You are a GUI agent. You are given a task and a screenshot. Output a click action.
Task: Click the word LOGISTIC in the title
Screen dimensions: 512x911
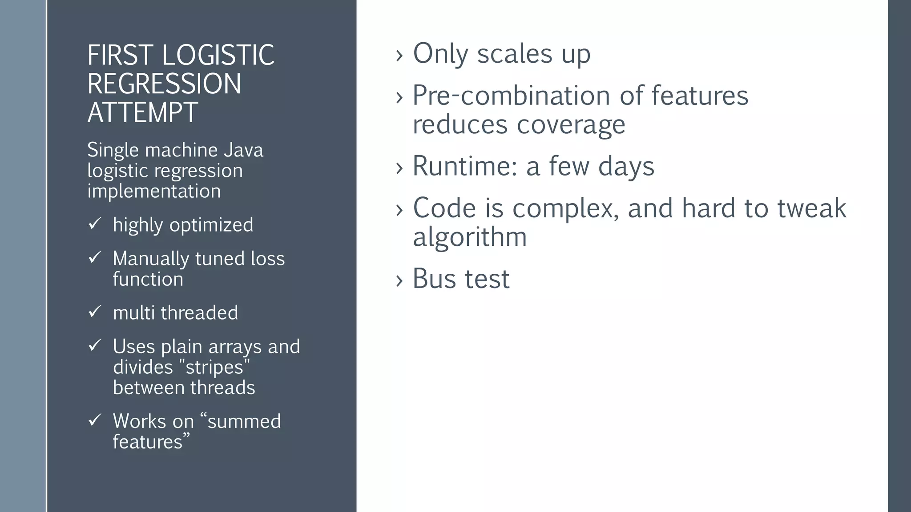(x=218, y=55)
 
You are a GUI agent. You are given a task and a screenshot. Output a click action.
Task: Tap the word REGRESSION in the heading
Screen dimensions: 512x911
(x=164, y=84)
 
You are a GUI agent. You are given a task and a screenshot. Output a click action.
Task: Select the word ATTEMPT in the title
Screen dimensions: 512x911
(x=142, y=112)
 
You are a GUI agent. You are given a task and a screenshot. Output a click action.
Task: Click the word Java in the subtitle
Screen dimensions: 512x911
(x=243, y=150)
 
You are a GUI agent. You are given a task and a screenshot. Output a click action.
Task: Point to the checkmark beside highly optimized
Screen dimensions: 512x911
(x=95, y=224)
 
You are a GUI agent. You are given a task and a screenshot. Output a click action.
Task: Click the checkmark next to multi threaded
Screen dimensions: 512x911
(x=95, y=312)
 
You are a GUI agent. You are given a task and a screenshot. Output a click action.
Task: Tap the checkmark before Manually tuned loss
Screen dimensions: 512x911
(x=95, y=257)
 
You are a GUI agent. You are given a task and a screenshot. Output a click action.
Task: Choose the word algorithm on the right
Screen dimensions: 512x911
(x=470, y=237)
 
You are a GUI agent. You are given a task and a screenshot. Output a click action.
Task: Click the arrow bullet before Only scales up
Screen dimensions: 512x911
(x=399, y=56)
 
